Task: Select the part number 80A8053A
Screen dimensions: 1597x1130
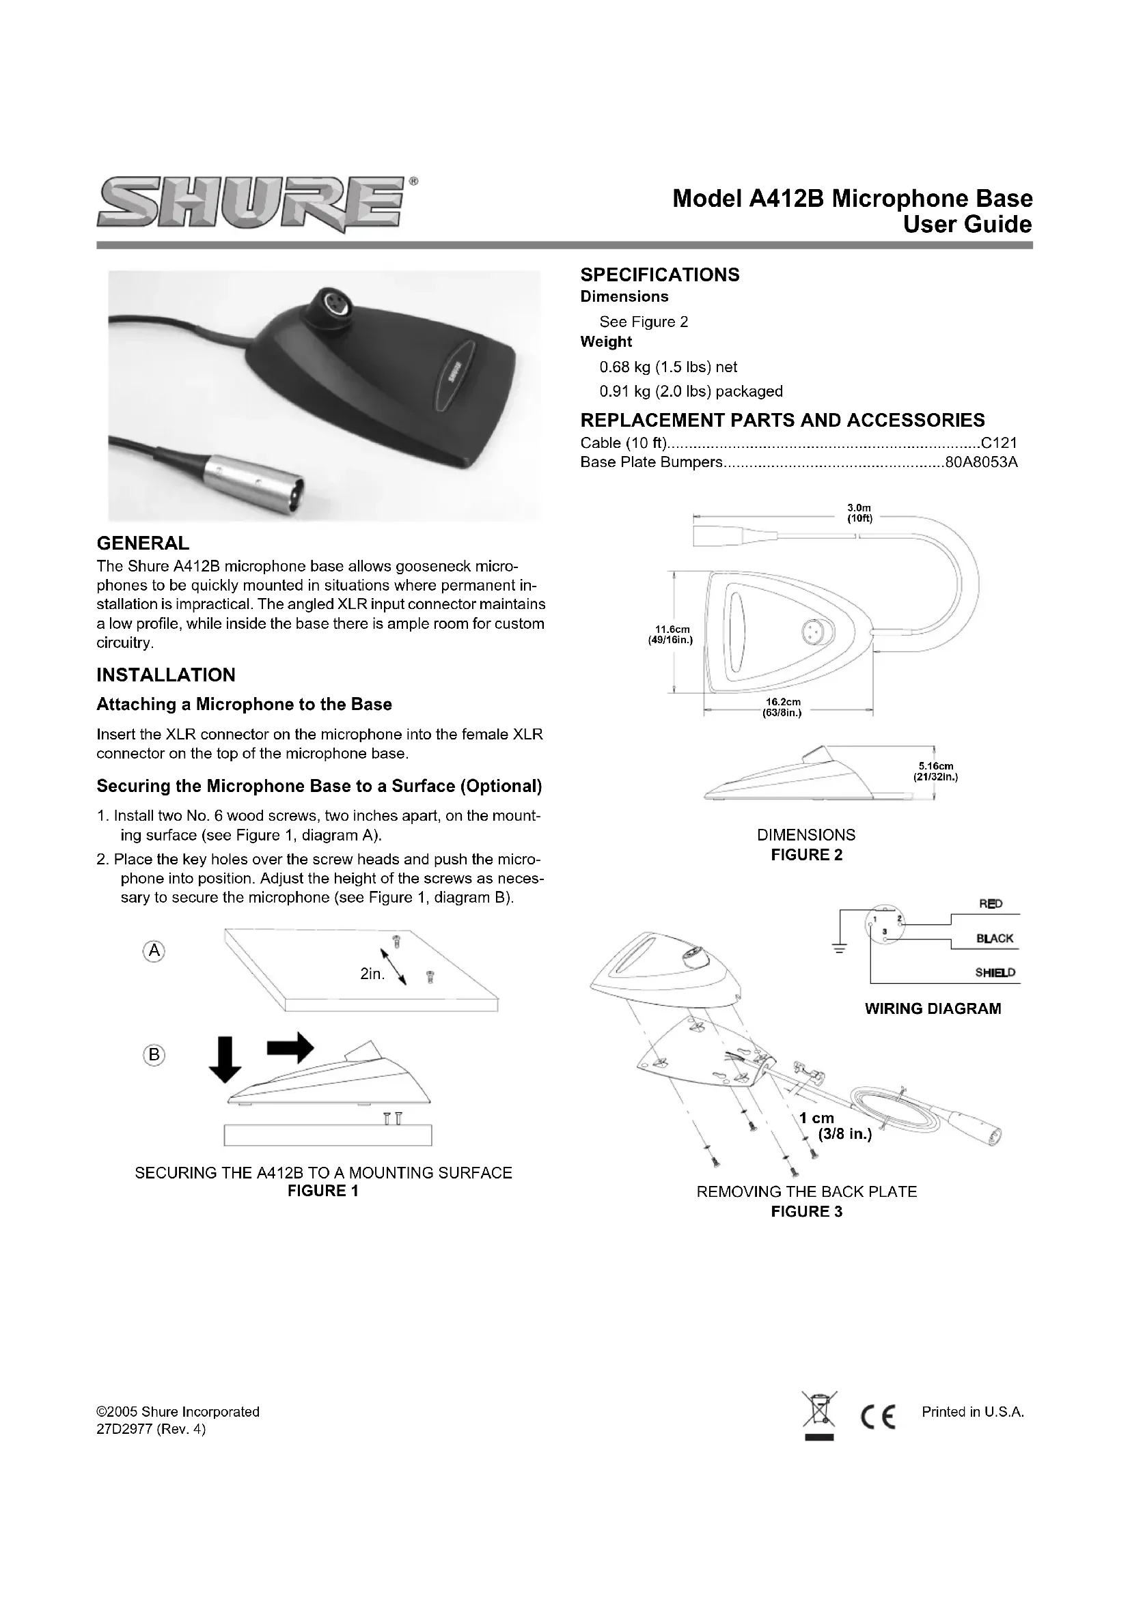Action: [x=981, y=462]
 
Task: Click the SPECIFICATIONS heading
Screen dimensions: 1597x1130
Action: [x=660, y=274]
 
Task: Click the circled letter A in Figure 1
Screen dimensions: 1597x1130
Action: [x=154, y=951]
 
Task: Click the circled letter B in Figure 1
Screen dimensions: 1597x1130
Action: [x=154, y=1055]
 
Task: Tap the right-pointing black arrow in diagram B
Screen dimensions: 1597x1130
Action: [x=290, y=1047]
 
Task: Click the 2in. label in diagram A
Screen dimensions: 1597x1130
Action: [x=372, y=974]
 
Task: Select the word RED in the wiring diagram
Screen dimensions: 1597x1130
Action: [x=990, y=903]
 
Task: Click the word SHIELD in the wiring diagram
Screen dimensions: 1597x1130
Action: [x=995, y=972]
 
